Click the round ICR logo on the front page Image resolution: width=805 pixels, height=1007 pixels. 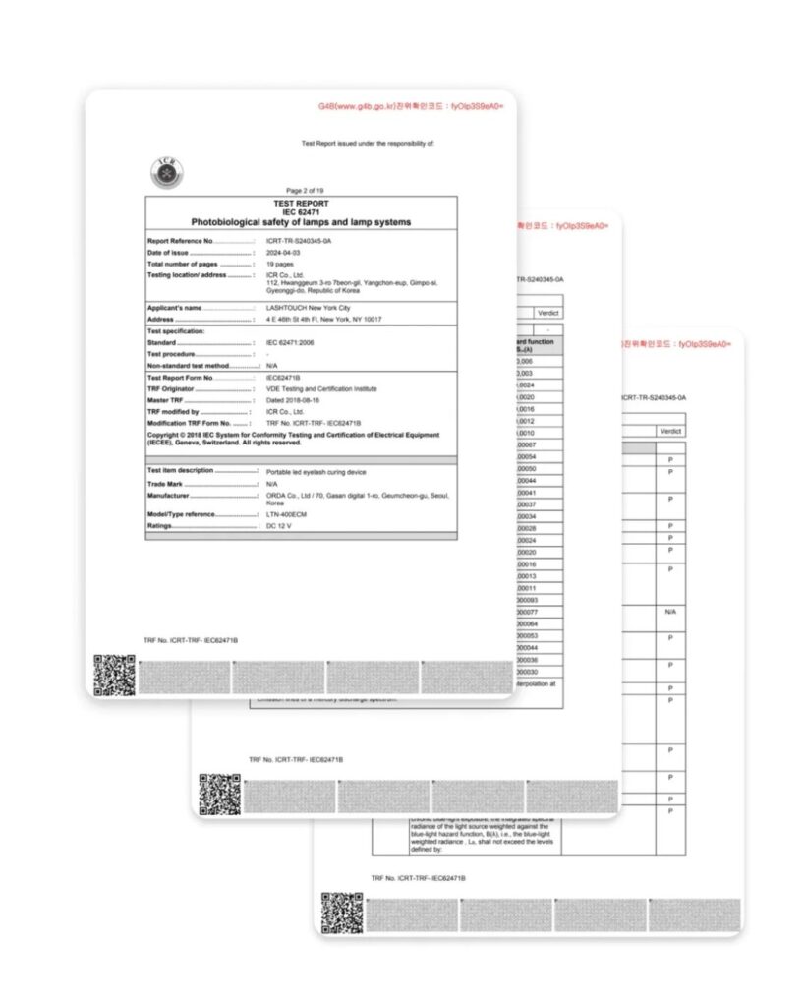pos(165,172)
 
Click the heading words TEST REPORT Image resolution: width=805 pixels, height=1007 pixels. pos(301,203)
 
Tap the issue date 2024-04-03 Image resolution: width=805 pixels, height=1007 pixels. pos(285,253)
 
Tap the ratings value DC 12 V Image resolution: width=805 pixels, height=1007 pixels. pos(279,526)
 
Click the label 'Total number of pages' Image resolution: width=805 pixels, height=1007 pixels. pos(184,265)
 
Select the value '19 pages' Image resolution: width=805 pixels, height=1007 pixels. pos(280,265)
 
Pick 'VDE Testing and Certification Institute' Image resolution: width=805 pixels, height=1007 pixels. pos(321,388)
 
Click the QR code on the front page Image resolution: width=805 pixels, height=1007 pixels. pos(114,675)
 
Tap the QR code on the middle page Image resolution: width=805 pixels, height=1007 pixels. pos(219,794)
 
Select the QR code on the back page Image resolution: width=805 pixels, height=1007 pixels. pos(341,912)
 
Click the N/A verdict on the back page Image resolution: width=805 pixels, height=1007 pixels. pos(670,612)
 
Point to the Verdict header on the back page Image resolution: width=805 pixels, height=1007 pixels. pos(670,431)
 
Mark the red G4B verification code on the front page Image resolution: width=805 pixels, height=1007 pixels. pos(411,105)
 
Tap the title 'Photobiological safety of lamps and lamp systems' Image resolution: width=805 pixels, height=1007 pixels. pos(301,222)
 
